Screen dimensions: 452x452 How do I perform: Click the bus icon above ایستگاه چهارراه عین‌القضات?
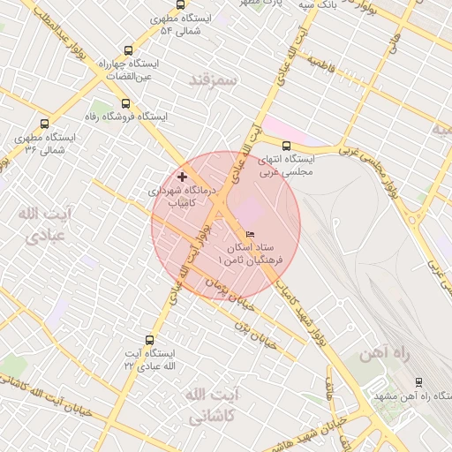129,50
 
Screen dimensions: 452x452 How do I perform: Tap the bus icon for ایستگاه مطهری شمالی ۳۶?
44,124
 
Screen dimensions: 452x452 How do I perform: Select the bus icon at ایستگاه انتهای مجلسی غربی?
285,147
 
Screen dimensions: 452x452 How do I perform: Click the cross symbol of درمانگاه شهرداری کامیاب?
183,177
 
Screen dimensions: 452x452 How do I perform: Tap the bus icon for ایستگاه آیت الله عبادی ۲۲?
148,339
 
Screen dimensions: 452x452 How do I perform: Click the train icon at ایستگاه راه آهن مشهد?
418,381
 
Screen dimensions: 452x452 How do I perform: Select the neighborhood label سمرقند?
215,80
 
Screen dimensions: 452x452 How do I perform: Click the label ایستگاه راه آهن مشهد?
415,397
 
